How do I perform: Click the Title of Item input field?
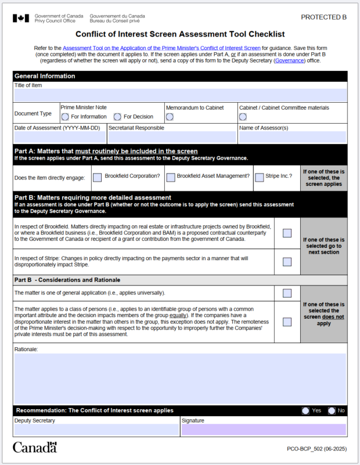pos(180,95)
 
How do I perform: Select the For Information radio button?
pos(65,117)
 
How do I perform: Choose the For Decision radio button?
pos(117,117)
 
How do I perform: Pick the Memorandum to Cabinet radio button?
pos(170,117)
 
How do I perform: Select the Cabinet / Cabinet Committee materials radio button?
pos(243,117)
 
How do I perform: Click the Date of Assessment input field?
pos(60,137)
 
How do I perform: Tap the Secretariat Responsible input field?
pos(172,137)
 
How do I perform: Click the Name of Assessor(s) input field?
pos(293,137)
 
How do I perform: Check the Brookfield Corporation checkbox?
pos(98,178)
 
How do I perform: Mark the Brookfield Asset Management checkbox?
pos(170,178)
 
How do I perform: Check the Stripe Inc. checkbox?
pos(259,178)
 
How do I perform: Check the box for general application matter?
pos(287,293)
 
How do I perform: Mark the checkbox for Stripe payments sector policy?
pos(287,262)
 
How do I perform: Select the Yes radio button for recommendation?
pos(305,410)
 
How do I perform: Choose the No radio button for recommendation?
pos(332,410)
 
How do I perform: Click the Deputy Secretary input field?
pos(96,430)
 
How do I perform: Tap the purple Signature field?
pos(264,430)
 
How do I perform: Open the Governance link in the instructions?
pos(289,60)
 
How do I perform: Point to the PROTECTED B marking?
pos(323,17)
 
